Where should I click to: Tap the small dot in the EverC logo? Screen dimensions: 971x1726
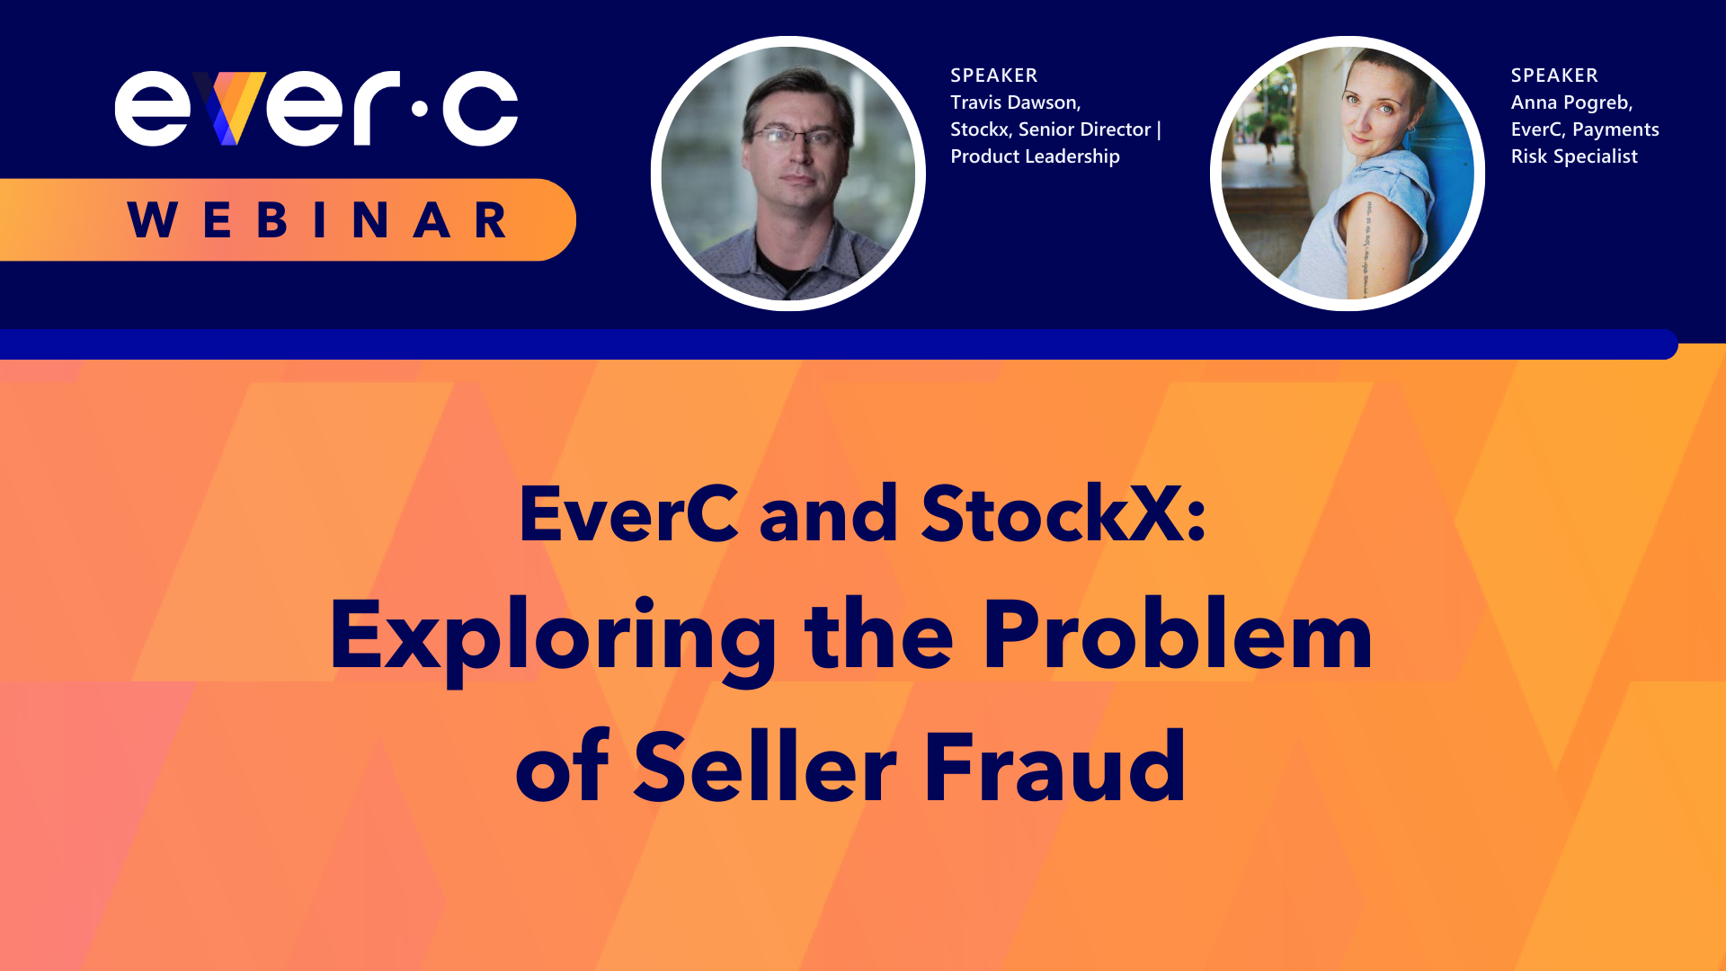pos(419,110)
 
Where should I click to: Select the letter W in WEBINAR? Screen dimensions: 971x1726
pos(152,220)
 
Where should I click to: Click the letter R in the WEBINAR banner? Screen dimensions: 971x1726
pos(491,220)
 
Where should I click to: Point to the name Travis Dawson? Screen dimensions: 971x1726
pos(1014,102)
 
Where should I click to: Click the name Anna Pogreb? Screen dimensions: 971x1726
pos(1570,102)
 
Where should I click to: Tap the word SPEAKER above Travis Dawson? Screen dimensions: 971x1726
pos(993,76)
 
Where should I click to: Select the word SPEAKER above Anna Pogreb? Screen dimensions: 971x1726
pos(1554,76)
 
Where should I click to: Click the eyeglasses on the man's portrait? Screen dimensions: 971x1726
pos(795,137)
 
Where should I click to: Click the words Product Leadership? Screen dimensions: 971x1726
pos(1035,156)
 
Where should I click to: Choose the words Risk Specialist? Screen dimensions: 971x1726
pos(1574,156)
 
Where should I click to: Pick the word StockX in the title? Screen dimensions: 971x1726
pos(1052,514)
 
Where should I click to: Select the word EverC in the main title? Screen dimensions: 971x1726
pos(628,514)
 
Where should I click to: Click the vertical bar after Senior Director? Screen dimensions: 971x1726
pos(1160,129)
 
